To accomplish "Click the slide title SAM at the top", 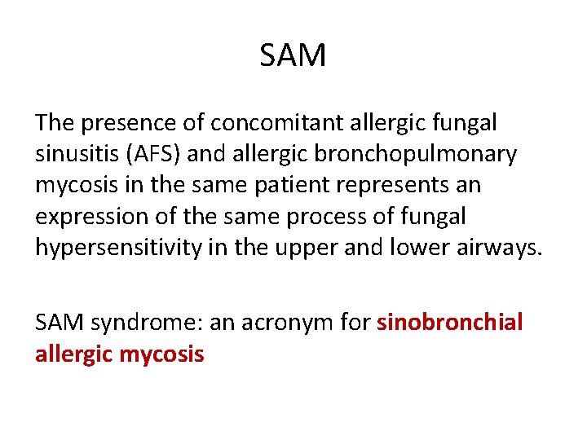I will pos(293,56).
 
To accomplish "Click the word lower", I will pos(404,247).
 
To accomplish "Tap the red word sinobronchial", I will pos(450,323).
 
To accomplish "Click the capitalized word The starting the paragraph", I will pos(54,123).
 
